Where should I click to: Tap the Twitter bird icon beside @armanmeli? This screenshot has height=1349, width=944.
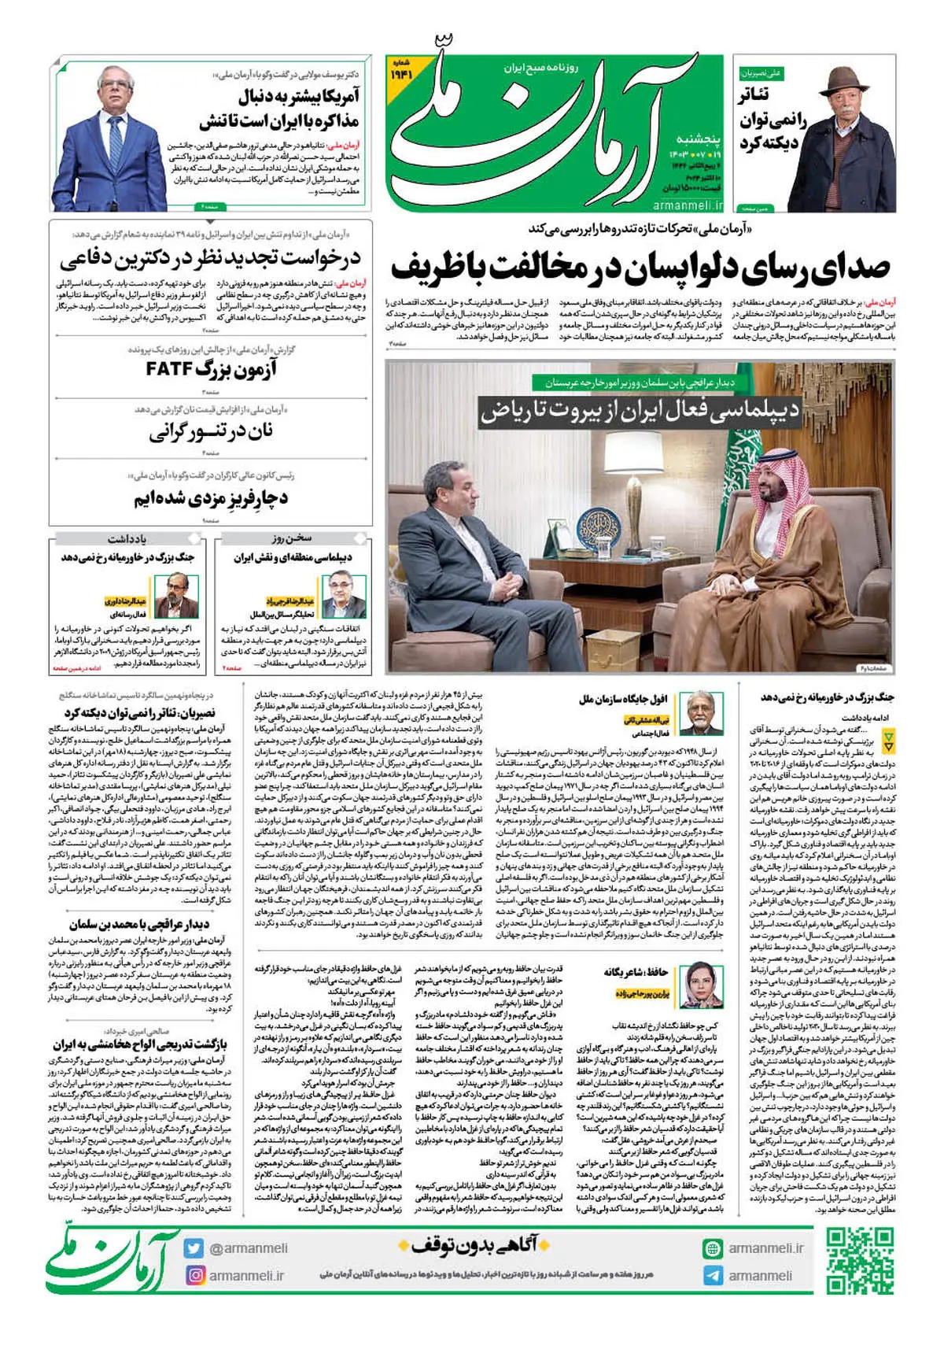coord(194,1248)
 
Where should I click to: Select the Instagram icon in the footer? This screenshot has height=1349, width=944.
coord(194,1275)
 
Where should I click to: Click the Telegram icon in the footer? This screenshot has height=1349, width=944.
coord(713,1276)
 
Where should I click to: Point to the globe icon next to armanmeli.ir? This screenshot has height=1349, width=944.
coord(713,1248)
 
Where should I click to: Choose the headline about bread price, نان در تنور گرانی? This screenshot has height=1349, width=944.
coord(211,433)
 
